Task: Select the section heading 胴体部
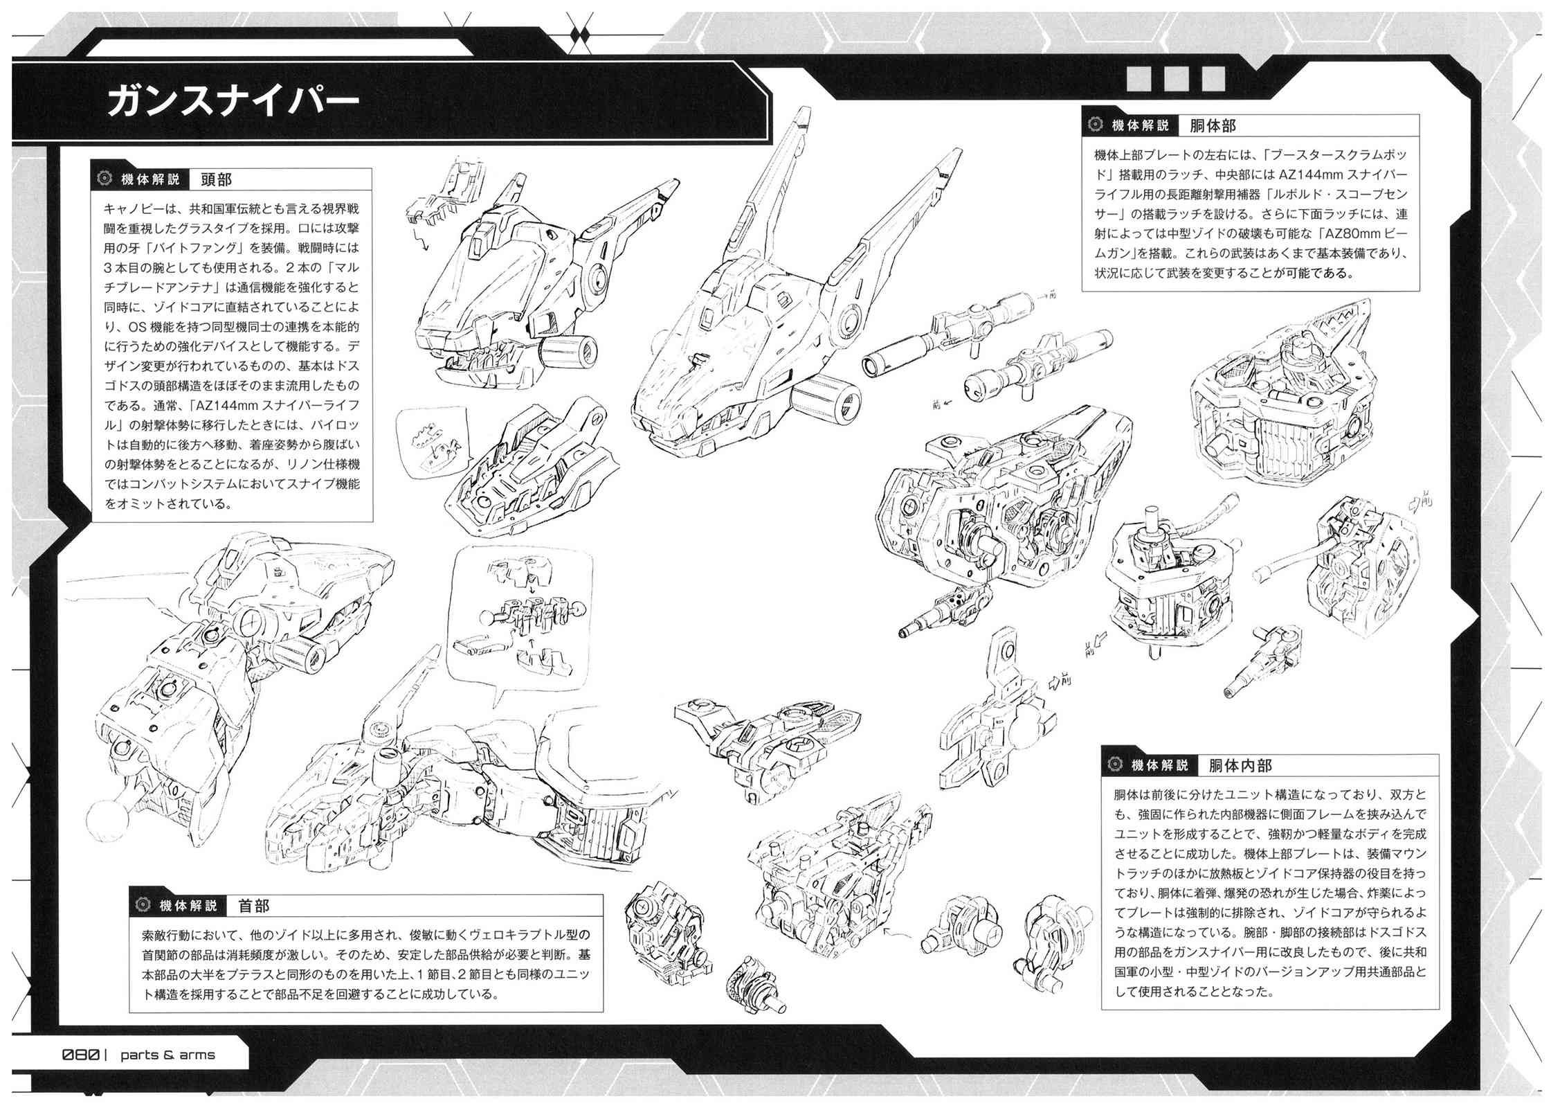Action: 1212,125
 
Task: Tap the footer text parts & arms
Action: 167,1055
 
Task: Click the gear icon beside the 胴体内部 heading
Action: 1115,765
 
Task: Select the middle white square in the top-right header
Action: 1176,78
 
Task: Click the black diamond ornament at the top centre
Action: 579,33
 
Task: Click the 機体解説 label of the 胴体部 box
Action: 1140,125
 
